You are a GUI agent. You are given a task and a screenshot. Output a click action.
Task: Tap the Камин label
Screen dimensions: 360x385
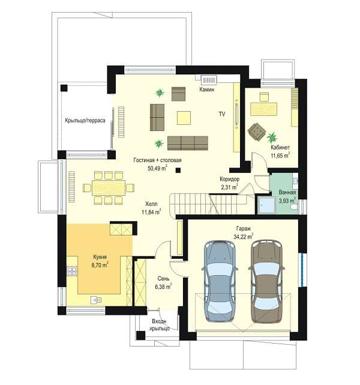[x=207, y=89]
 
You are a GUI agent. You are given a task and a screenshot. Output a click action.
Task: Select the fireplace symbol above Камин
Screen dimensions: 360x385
[x=209, y=80]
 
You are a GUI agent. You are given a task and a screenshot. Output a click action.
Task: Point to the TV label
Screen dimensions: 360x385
[x=222, y=114]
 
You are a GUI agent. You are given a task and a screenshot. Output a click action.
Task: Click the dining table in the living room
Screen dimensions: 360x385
[x=109, y=188]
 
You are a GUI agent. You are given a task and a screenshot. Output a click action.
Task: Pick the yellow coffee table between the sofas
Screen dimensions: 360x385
[x=184, y=118]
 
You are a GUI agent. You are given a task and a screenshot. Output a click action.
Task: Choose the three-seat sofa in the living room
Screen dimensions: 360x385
[x=188, y=143]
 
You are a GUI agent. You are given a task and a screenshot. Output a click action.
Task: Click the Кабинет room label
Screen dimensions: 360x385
[x=280, y=147]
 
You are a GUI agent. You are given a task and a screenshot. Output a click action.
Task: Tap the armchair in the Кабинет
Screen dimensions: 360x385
[x=257, y=132]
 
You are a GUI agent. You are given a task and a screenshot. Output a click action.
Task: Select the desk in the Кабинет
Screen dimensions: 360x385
[x=263, y=109]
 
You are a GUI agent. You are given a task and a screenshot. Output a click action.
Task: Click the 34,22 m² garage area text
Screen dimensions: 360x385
[x=244, y=237]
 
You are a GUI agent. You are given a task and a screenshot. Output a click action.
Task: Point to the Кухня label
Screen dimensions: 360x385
[x=100, y=257]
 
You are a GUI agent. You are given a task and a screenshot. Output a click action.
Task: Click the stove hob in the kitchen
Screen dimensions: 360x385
[x=72, y=271]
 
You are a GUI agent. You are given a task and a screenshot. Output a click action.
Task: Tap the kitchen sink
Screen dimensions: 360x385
[x=96, y=300]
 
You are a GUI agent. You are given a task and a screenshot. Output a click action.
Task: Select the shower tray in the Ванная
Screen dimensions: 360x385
[x=266, y=205]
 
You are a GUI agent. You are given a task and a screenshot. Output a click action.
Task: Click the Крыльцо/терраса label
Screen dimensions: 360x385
[x=85, y=120]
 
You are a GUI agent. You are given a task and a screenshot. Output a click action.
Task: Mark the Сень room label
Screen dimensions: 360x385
[x=163, y=279]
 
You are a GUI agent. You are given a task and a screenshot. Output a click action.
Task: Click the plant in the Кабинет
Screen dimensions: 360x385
[x=272, y=138]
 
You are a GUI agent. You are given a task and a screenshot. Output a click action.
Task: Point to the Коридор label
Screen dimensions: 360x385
[x=230, y=179]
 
